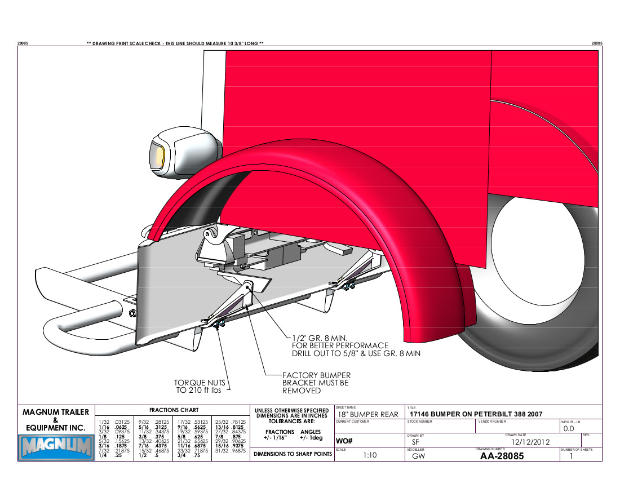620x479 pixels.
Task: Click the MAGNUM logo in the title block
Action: tap(56, 448)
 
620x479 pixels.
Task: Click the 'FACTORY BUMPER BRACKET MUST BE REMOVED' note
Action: tap(316, 383)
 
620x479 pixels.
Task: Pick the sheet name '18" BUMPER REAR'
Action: tap(367, 414)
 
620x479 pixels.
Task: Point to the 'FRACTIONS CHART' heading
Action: tap(172, 410)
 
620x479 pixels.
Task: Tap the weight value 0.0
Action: tap(569, 429)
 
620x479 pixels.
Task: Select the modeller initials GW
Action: tap(418, 456)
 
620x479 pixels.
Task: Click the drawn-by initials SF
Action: tap(416, 442)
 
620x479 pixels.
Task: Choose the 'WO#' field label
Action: tap(344, 440)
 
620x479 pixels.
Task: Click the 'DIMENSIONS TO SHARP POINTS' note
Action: tap(293, 454)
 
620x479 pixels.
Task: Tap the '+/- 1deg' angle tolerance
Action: tap(311, 437)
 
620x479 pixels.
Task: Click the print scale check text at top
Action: tap(175, 43)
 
